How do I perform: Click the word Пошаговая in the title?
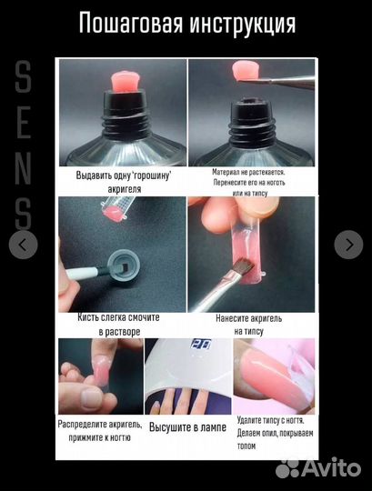coord(131,24)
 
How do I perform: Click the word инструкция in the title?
coord(243,25)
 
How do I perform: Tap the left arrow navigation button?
coord(23,245)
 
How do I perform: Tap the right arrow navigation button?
coord(348,245)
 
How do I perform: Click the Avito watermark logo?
coord(318,468)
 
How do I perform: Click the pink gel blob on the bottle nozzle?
coord(124,83)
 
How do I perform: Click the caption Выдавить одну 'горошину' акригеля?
coord(125,182)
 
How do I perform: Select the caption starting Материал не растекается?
coord(249,182)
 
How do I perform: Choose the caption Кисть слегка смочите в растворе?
coord(119,325)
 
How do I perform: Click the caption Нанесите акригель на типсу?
coord(249,325)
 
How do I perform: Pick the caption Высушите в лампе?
coord(187,427)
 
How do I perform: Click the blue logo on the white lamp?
coord(201,344)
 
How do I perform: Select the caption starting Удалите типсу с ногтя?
coord(275,433)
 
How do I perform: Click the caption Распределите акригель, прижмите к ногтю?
coord(100,431)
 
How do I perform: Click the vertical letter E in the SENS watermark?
coord(24,122)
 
